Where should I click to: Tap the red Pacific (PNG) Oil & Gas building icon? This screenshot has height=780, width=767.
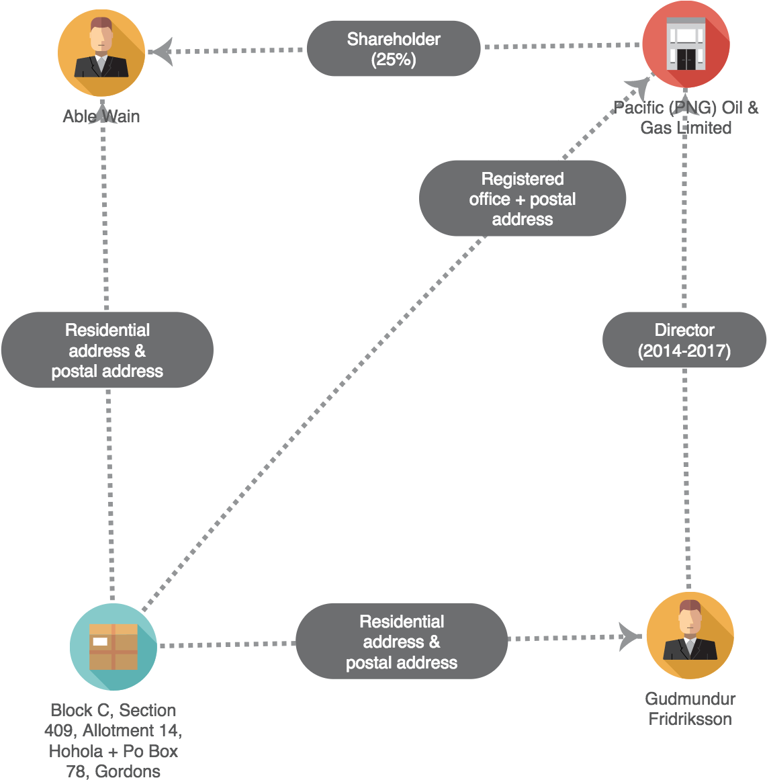click(686, 44)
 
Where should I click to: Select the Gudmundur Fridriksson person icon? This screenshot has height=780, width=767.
click(690, 635)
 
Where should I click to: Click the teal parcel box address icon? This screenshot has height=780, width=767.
click(114, 646)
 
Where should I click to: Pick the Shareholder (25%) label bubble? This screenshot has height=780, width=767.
click(394, 49)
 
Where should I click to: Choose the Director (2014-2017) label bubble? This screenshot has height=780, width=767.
click(684, 340)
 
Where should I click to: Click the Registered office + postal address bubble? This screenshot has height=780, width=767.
click(523, 199)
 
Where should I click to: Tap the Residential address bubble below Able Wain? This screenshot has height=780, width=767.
click(107, 350)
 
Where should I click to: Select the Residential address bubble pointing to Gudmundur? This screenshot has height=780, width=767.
click(402, 642)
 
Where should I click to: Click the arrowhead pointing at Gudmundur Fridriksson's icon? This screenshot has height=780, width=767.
click(630, 637)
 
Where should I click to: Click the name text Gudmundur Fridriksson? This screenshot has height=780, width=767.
click(690, 709)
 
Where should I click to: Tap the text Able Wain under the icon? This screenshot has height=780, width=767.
click(101, 116)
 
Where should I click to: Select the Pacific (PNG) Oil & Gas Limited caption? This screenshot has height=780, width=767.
click(686, 118)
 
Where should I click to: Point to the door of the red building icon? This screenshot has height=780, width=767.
click(686, 59)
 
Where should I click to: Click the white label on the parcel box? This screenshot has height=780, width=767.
click(100, 642)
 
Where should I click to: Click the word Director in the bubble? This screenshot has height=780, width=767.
click(684, 330)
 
